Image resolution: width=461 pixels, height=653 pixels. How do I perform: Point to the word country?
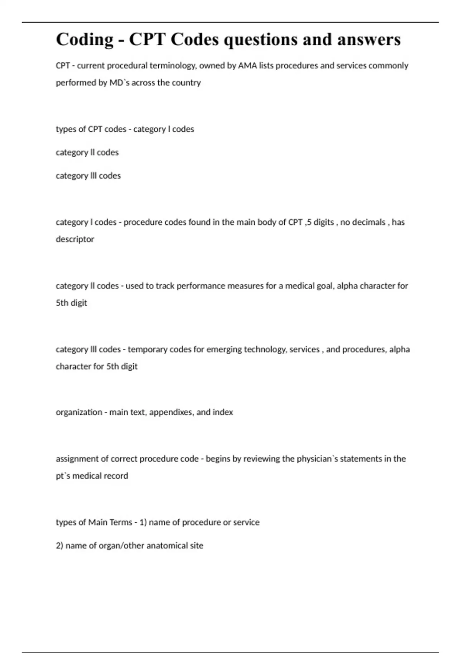pyautogui.click(x=187, y=83)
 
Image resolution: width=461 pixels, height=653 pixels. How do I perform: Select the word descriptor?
pyautogui.click(x=75, y=239)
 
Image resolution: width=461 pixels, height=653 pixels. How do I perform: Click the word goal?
pyautogui.click(x=325, y=286)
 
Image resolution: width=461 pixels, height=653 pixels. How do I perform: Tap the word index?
pyautogui.click(x=223, y=412)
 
